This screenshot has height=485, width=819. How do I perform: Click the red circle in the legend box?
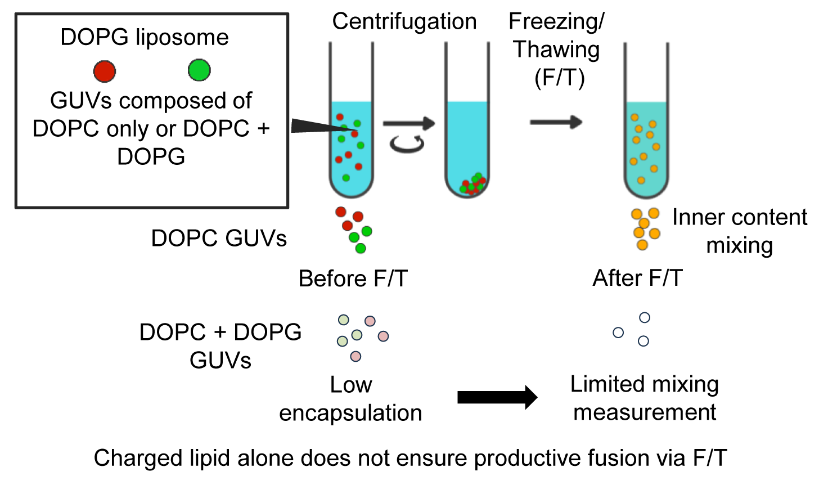click(x=105, y=71)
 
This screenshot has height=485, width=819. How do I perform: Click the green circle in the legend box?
click(x=199, y=70)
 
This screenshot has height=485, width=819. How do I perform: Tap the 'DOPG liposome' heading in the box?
click(x=145, y=38)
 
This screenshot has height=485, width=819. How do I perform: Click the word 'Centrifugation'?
click(x=404, y=21)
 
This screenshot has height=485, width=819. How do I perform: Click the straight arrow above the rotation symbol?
click(x=409, y=123)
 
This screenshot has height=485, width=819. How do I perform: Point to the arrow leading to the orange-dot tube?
click(x=556, y=122)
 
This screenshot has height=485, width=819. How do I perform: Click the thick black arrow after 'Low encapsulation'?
click(x=497, y=397)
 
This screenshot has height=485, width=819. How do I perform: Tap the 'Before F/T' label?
click(x=353, y=279)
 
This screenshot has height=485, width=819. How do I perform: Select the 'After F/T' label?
click(x=638, y=278)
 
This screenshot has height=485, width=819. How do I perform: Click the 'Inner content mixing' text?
click(x=740, y=231)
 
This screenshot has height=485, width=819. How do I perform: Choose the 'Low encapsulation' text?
click(x=350, y=399)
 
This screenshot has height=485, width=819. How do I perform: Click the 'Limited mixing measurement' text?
click(x=645, y=398)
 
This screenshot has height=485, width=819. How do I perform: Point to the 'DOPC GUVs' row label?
click(x=219, y=239)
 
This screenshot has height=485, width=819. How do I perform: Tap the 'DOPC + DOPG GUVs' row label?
click(x=220, y=346)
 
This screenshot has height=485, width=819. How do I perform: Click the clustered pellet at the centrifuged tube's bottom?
click(x=472, y=184)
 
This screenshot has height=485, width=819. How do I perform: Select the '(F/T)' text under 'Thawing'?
click(x=559, y=78)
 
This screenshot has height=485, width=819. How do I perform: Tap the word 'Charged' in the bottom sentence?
click(x=138, y=459)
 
